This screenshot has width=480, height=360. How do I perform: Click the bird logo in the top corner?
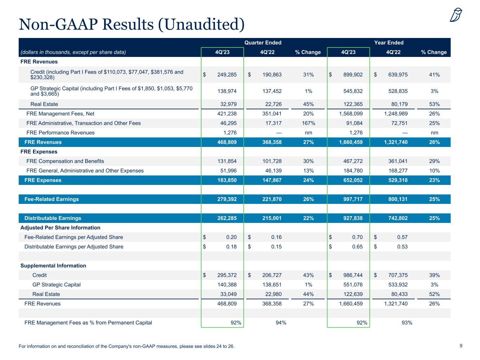(456, 15)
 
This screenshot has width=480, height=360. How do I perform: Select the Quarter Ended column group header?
(263, 43)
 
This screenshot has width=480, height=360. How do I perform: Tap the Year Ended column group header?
(389, 43)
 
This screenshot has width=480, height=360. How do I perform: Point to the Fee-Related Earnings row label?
(51, 199)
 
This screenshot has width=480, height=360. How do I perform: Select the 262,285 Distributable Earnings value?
(225, 218)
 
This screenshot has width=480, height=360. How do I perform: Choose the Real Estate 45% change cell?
(308, 104)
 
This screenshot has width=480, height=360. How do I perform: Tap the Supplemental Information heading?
(54, 265)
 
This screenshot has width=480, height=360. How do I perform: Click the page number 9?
(461, 346)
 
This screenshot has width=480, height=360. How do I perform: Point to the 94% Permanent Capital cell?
(281, 322)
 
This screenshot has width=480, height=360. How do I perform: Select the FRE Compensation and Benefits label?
(65, 161)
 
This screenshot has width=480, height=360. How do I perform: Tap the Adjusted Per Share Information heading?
(60, 227)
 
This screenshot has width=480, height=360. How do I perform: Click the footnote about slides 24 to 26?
(126, 346)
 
